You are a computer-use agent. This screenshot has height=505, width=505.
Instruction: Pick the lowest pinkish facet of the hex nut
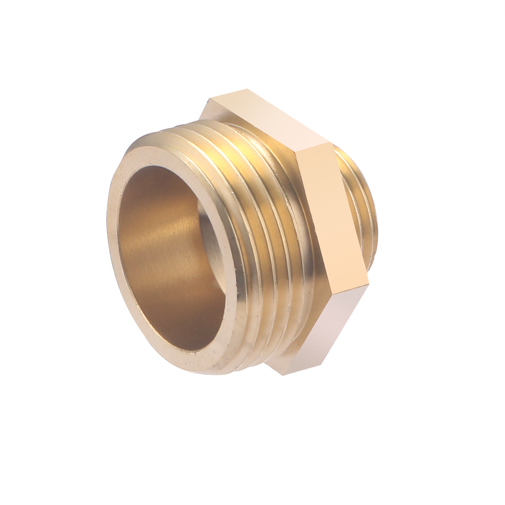tap(327, 329)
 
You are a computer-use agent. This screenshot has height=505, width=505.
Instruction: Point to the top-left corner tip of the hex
tap(209, 99)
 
